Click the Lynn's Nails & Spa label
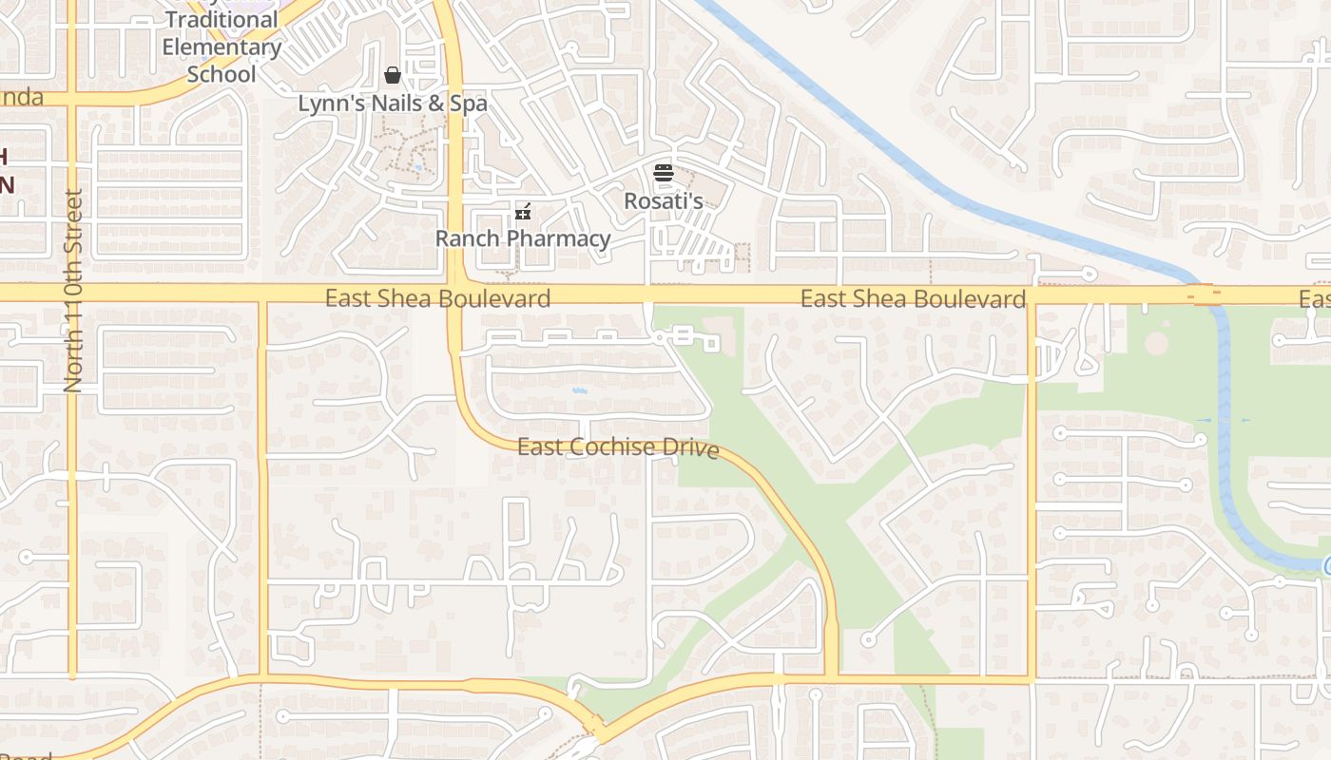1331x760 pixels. point(392,104)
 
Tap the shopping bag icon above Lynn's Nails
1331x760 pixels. point(392,75)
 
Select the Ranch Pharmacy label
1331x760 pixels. point(522,238)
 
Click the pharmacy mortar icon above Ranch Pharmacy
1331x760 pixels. point(522,211)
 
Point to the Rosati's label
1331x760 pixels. point(663,201)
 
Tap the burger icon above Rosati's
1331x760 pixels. point(663,173)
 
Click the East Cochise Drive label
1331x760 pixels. point(617,446)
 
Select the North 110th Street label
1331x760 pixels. point(73,291)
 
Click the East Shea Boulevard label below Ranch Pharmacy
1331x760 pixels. point(437,298)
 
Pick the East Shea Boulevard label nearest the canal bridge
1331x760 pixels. point(913,299)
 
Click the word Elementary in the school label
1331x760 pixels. point(222,47)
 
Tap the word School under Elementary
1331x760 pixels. point(222,74)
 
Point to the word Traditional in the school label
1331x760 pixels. point(222,20)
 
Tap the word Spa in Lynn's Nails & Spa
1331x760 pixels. point(468,104)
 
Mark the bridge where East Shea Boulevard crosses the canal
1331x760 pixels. point(1204,294)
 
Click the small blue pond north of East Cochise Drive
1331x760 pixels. point(578,389)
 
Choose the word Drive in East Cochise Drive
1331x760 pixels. point(690,448)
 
